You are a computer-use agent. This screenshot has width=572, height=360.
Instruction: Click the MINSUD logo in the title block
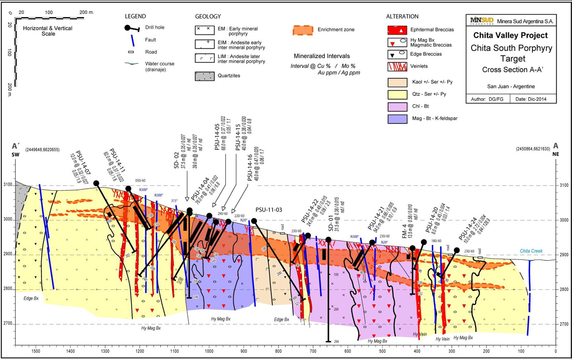point(481,21)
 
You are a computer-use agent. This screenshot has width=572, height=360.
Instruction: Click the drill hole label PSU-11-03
point(269,209)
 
